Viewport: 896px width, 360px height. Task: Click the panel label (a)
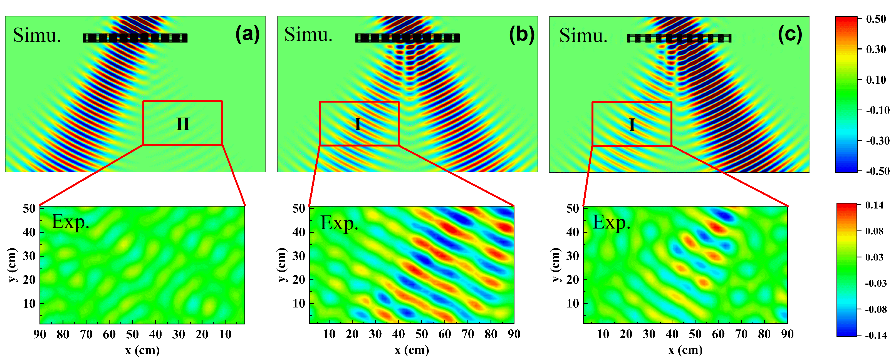pyautogui.click(x=247, y=34)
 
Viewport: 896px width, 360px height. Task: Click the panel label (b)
pyautogui.click(x=521, y=34)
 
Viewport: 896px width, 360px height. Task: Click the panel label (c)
pyautogui.click(x=790, y=34)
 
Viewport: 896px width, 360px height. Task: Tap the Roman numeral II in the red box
pyautogui.click(x=183, y=124)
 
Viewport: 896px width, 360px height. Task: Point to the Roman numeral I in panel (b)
pyautogui.click(x=358, y=124)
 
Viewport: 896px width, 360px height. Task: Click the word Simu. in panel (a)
pyautogui.click(x=37, y=36)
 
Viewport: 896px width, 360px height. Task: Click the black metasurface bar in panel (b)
pyautogui.click(x=407, y=38)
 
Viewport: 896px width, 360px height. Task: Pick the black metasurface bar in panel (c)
pyautogui.click(x=679, y=38)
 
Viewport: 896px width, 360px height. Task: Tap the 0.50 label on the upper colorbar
pyautogui.click(x=876, y=19)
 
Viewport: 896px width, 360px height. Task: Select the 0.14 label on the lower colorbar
pyautogui.click(x=874, y=205)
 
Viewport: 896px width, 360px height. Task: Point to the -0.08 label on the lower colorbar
pyautogui.click(x=876, y=309)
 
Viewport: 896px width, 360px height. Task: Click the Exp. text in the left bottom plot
pyautogui.click(x=70, y=222)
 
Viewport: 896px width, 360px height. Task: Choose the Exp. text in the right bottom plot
pyautogui.click(x=612, y=223)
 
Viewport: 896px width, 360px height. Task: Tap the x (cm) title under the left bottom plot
pyautogui.click(x=142, y=350)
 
